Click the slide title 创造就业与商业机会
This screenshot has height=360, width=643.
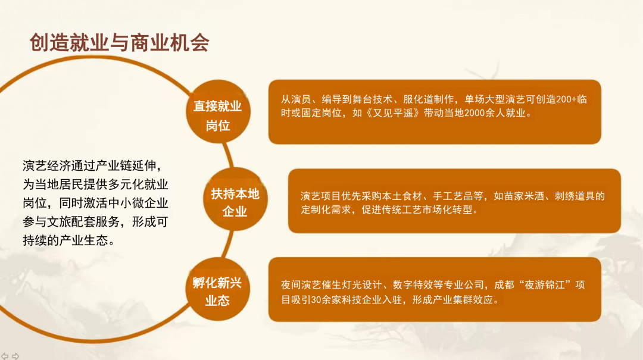(119, 43)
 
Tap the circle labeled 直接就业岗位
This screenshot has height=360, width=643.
(218, 111)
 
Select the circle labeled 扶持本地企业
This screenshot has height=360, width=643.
(235, 199)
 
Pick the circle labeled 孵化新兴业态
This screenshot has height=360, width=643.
(217, 289)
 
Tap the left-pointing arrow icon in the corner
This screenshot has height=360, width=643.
(5, 356)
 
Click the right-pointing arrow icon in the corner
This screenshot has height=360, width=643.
(15, 356)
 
